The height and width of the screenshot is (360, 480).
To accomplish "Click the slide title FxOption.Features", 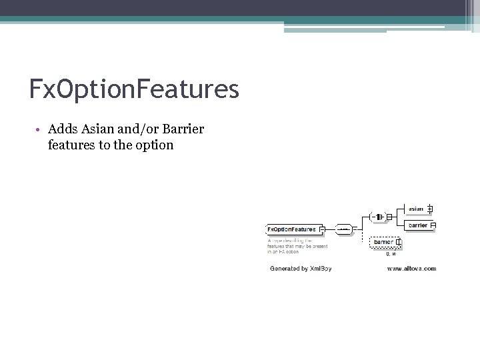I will click(134, 89).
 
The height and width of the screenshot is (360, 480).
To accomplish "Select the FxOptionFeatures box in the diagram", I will click(291, 229).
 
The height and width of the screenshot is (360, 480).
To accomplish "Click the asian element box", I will click(416, 209).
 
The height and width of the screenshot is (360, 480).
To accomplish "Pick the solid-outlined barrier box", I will click(418, 225).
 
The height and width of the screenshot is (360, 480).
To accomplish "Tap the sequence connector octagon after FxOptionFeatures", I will click(343, 229).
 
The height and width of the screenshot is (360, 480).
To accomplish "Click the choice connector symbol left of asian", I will click(377, 217).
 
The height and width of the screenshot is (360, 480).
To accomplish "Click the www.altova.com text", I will click(411, 268).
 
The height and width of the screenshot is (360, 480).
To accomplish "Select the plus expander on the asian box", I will click(430, 209).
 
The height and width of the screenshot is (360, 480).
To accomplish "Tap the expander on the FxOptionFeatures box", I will click(321, 229).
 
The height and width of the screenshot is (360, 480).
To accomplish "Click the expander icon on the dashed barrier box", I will click(398, 242).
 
